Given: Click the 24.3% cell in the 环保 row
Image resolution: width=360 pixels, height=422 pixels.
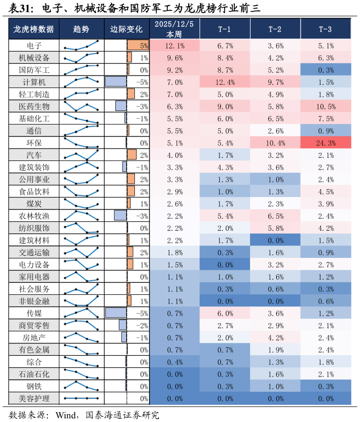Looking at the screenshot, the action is click(326, 143).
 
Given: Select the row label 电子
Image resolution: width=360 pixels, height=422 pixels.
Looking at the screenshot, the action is click(34, 45).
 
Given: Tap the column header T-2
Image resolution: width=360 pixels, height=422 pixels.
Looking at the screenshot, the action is click(275, 29).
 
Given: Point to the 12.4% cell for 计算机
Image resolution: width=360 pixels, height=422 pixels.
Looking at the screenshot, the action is click(225, 82).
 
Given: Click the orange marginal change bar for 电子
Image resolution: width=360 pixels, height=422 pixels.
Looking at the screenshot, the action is click(138, 45).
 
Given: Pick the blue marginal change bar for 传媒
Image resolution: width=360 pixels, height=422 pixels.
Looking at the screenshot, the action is click(116, 313).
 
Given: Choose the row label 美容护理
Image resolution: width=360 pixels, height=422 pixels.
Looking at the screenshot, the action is click(34, 399).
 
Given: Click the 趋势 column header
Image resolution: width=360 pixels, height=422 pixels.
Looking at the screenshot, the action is click(81, 29).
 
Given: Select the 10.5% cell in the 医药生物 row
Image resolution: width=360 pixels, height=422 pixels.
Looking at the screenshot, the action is click(326, 107).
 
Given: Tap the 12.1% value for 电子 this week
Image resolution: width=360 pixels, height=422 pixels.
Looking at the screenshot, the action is click(175, 46).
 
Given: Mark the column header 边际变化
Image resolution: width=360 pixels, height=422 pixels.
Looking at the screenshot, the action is click(126, 29).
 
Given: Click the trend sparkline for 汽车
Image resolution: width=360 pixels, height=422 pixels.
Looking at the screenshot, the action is click(81, 155).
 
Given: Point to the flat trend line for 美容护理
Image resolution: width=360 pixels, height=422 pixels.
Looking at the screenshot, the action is click(81, 399).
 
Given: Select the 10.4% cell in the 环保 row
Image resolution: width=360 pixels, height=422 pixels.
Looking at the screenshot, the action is click(275, 143).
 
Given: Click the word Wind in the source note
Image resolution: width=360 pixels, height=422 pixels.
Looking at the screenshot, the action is click(65, 415).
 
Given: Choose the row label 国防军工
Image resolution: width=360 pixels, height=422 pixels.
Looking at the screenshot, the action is click(34, 70).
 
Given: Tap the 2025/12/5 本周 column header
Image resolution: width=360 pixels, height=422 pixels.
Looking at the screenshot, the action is click(174, 29).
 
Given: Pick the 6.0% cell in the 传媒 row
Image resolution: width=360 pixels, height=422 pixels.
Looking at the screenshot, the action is click(225, 313).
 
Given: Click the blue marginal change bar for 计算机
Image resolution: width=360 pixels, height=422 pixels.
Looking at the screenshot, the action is click(116, 82).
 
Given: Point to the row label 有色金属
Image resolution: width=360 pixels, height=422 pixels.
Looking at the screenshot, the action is click(34, 350).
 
